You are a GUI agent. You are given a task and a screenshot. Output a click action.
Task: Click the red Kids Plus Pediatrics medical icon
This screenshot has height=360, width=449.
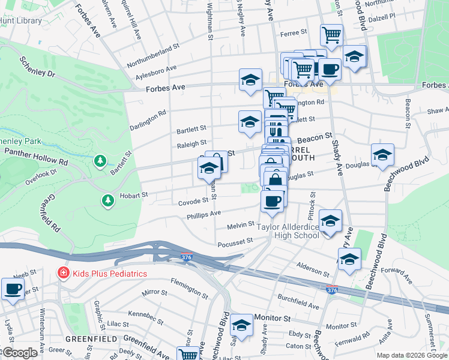click(x=62, y=274)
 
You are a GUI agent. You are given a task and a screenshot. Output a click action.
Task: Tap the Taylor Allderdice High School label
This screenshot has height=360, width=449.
click(x=288, y=231)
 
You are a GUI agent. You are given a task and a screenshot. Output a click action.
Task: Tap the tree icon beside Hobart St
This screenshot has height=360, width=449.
click(x=107, y=200)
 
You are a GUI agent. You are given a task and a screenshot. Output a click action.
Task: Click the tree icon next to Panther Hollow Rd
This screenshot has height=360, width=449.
click(x=100, y=161)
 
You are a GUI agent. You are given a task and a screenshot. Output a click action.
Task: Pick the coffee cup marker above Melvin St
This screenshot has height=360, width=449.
click(x=272, y=200)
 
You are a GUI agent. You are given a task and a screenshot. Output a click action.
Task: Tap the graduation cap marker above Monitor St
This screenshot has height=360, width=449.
click(x=241, y=326)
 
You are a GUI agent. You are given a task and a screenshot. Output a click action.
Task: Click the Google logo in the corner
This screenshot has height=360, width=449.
click(x=20, y=353)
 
